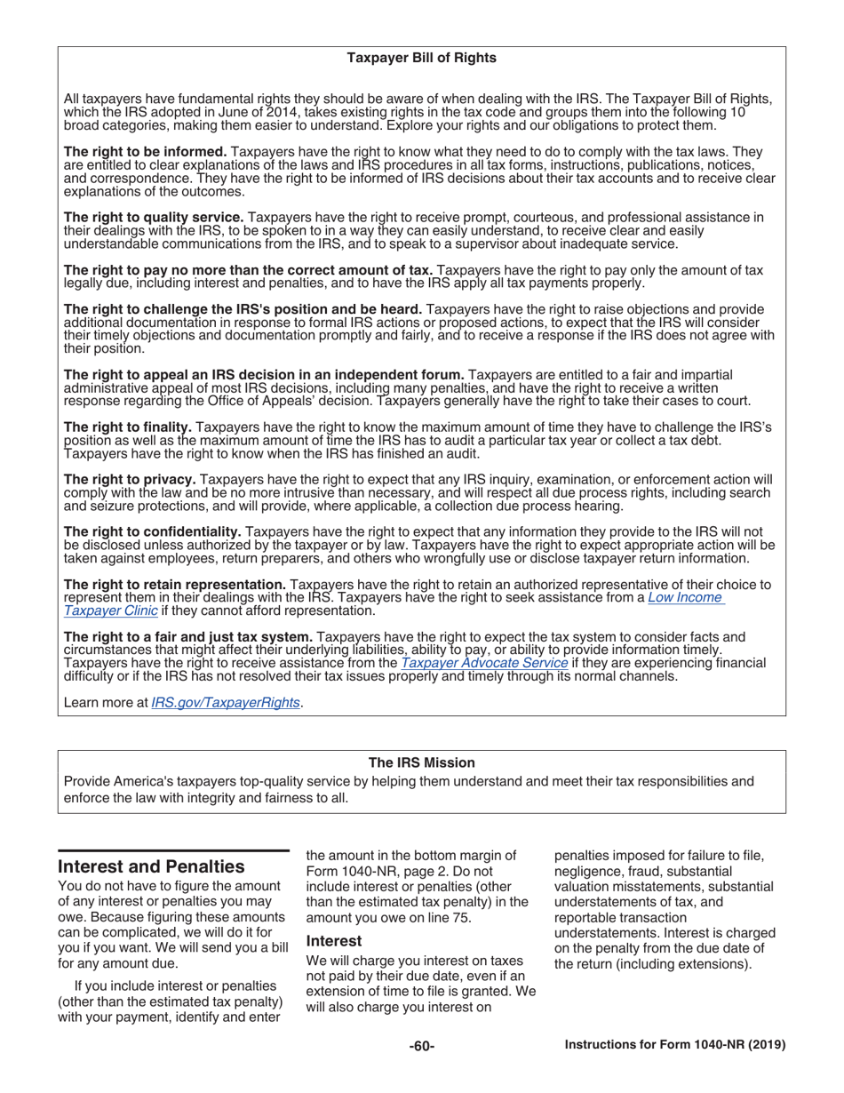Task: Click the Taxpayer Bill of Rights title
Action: point(421,58)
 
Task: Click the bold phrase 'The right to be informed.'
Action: point(146,152)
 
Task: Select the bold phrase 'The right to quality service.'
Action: point(154,217)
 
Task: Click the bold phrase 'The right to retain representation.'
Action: point(175,585)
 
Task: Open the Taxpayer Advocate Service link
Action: point(484,663)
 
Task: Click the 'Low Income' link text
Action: point(685,598)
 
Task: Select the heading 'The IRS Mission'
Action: point(421,762)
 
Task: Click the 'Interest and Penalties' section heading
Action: point(151,866)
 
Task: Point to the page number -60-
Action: point(421,1046)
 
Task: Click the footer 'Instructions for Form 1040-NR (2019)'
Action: point(675,1046)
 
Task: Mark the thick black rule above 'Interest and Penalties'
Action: point(174,850)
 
